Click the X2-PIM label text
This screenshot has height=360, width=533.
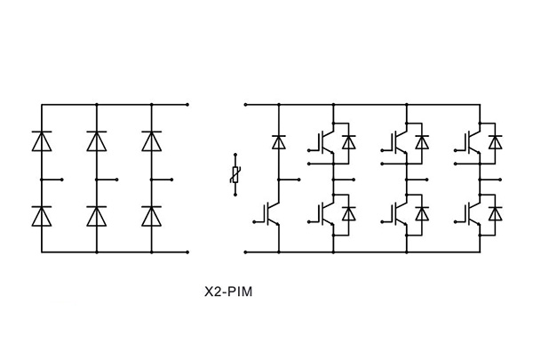tap(228, 292)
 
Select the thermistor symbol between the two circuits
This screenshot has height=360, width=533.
tap(235, 174)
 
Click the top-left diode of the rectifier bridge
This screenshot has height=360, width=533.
tap(42, 140)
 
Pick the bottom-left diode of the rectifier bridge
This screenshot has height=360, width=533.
tap(42, 216)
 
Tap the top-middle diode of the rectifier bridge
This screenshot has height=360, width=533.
tap(97, 140)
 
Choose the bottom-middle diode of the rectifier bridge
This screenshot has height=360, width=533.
tap(97, 216)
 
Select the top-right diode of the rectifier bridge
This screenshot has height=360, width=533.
tap(152, 140)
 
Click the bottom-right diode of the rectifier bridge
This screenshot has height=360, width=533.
tap(152, 216)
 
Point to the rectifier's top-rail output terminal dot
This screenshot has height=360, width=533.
tap(187, 105)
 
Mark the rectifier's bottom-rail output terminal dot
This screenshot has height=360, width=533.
tap(187, 252)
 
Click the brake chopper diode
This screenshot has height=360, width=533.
tap(279, 142)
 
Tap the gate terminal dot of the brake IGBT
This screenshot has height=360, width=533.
tap(254, 222)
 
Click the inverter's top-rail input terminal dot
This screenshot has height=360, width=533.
tap(245, 105)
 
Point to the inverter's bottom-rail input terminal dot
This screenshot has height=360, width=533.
tap(245, 252)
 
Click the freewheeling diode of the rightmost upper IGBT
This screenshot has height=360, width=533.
tap(496, 142)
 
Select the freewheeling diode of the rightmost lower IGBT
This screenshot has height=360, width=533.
tap(496, 213)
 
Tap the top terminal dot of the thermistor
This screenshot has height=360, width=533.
tap(235, 156)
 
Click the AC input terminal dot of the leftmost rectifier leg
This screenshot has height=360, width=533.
tap(62, 180)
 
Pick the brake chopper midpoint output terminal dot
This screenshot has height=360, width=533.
tap(299, 180)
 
